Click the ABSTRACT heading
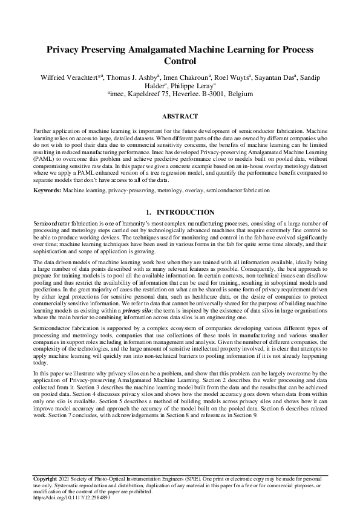pos(180,116)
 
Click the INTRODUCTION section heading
pos(186,212)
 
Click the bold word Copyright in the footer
pos(45,479)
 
